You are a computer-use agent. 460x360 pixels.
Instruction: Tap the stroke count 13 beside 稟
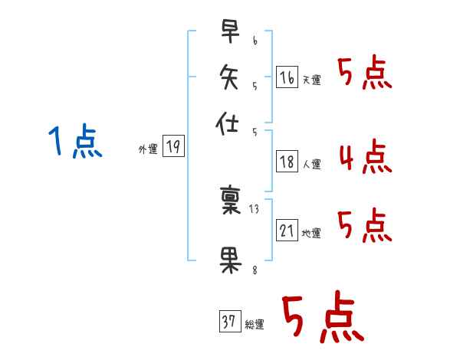(255, 209)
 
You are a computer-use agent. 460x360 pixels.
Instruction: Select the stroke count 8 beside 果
(255, 270)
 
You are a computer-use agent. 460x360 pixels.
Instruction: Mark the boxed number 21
(287, 231)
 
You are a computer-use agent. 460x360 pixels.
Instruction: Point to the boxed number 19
(174, 147)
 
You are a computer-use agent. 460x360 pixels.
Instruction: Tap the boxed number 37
(229, 322)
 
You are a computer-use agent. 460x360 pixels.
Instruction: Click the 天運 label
(311, 80)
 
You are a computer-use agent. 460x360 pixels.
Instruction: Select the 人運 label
(311, 164)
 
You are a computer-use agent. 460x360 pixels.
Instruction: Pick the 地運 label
(311, 234)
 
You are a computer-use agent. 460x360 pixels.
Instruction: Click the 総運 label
(254, 325)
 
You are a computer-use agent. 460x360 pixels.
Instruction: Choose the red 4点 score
(364, 158)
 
